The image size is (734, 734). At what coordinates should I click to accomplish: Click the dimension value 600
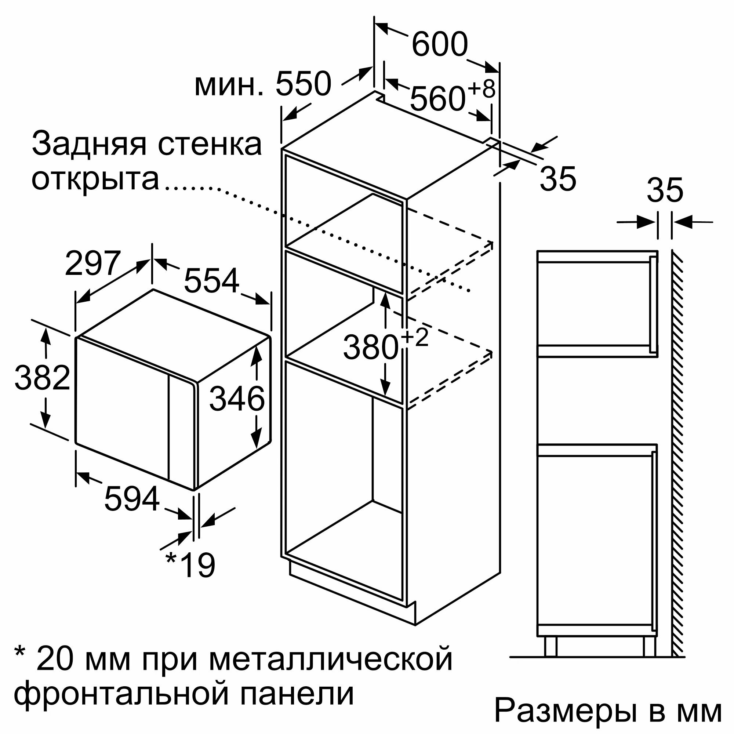[x=440, y=45]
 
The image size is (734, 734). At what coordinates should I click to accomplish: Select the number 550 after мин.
[x=303, y=84]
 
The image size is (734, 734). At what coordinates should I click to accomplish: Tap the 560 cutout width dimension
[x=438, y=99]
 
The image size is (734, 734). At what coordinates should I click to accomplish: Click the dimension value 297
[x=93, y=262]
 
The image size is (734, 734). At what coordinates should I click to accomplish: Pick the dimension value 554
[x=212, y=281]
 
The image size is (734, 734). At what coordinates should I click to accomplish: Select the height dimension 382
[x=42, y=378]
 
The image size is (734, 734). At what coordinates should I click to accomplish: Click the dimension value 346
[x=237, y=399]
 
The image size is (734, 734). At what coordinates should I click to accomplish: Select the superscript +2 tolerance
[x=414, y=337]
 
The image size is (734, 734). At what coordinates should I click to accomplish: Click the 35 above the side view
[x=665, y=190]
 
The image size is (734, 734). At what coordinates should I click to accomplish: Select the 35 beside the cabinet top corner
[x=558, y=179]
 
